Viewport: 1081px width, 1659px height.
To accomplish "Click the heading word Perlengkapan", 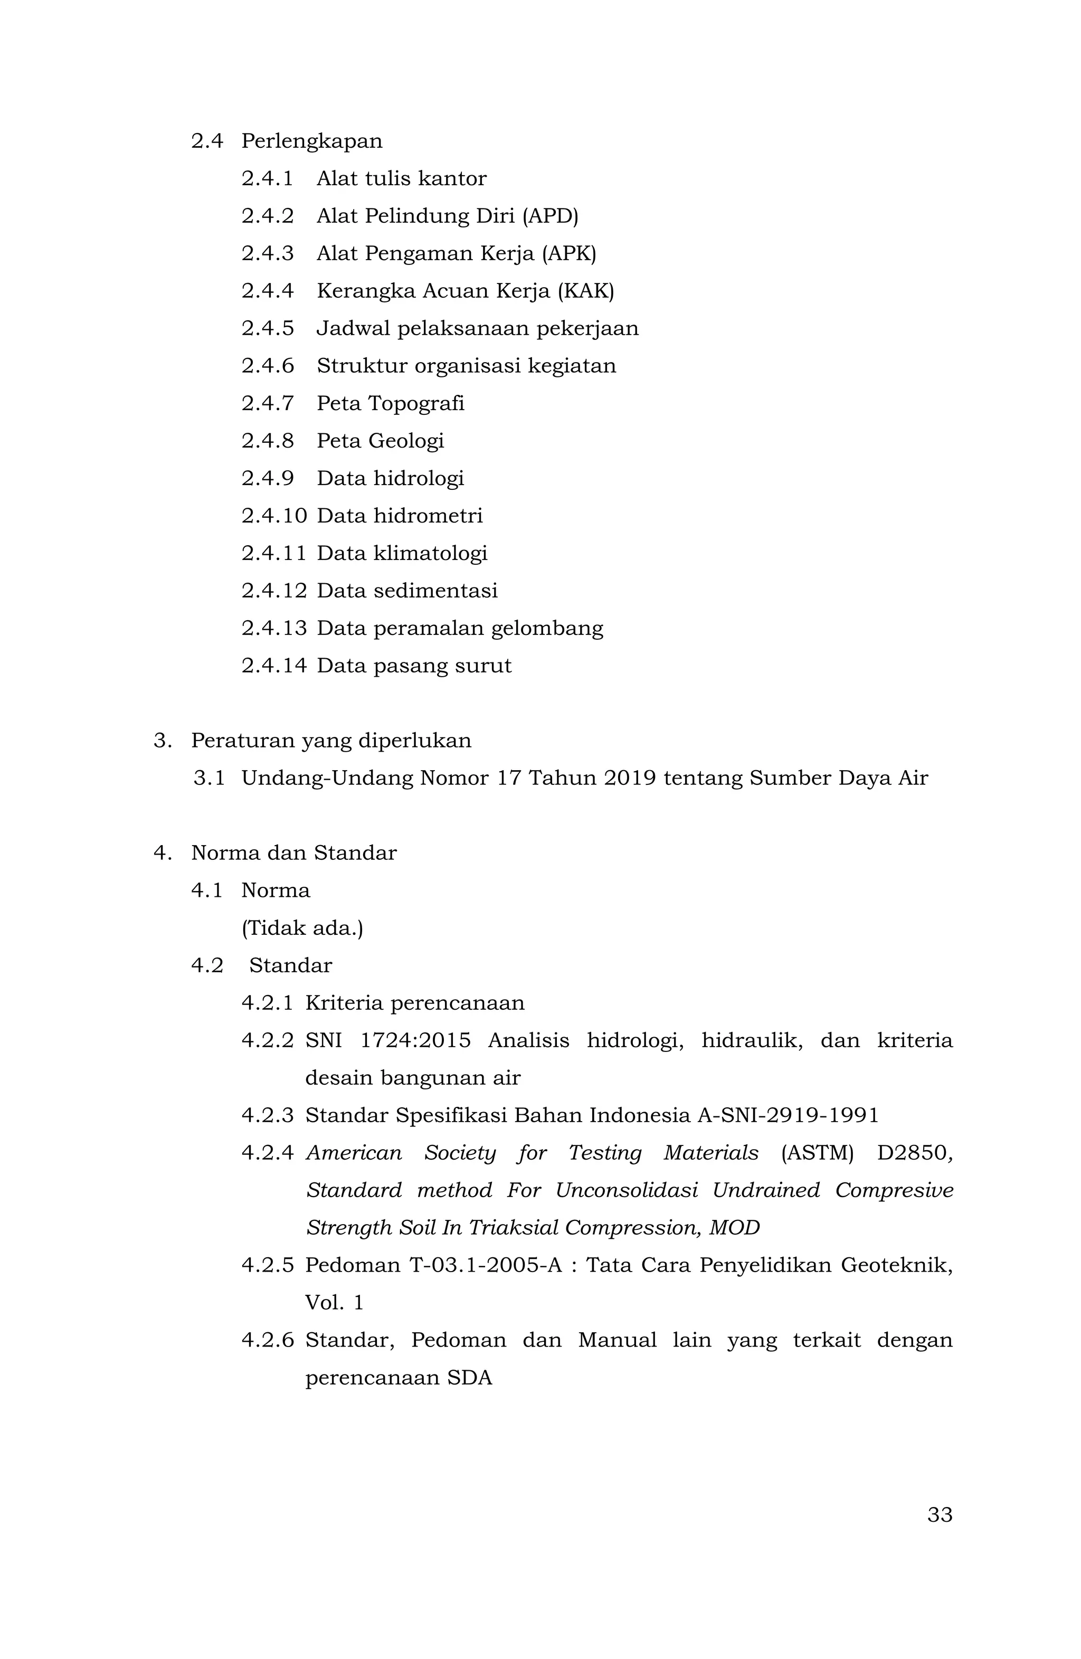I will click(x=311, y=141).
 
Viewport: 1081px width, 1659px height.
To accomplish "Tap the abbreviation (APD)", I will click(x=550, y=216).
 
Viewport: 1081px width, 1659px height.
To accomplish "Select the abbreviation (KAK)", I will click(x=585, y=291).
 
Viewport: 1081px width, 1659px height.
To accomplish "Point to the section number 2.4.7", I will click(x=268, y=404).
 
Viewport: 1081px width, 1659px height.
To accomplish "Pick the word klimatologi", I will click(x=430, y=554).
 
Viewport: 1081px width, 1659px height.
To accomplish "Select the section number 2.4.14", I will click(x=274, y=666).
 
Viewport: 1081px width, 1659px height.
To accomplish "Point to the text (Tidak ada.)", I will click(x=302, y=928).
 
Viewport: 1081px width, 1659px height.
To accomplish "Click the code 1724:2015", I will click(x=415, y=1041).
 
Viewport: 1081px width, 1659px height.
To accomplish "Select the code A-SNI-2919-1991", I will click(x=788, y=1116).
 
